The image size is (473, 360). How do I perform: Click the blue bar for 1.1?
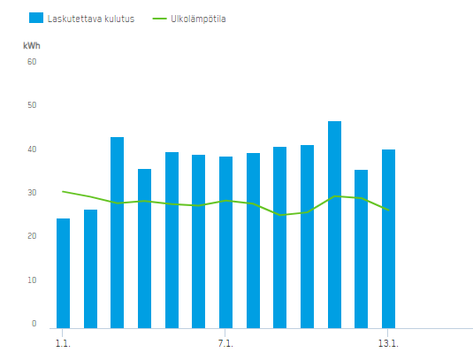[x=63, y=273]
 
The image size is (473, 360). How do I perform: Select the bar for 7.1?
[x=225, y=242]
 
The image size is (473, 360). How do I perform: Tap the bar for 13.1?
[x=388, y=239]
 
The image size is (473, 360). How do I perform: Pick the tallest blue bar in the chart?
[x=334, y=225]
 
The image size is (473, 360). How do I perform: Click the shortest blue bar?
[x=63, y=273]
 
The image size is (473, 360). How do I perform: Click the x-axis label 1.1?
[x=63, y=343]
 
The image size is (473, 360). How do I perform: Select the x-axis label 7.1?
[x=225, y=343]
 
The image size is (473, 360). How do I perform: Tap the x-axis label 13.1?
[x=388, y=343]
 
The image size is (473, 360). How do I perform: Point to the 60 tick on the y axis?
[x=32, y=62]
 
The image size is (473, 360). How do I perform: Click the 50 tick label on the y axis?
[x=32, y=105]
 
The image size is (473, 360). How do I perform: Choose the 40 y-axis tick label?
[x=32, y=149]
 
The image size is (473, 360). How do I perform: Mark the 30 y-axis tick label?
[x=32, y=193]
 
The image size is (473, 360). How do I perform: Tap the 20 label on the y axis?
[x=32, y=236]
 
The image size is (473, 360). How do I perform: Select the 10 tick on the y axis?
[x=32, y=280]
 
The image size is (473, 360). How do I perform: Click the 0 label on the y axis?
[x=34, y=324]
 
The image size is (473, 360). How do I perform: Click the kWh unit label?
[x=32, y=46]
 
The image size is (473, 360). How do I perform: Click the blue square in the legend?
[x=36, y=18]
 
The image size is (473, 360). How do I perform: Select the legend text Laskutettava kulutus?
[x=91, y=19]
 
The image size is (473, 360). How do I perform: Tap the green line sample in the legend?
[x=159, y=19]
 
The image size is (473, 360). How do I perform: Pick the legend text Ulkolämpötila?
[x=198, y=19]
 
